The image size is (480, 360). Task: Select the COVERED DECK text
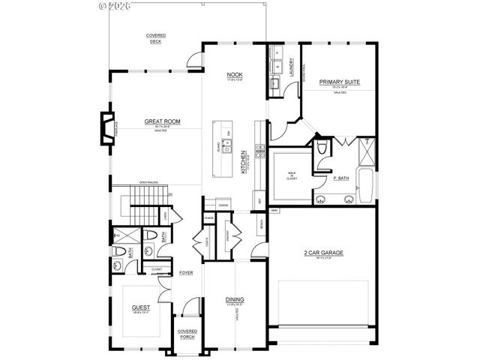pos(156,38)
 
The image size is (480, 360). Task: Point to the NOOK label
pos(234,76)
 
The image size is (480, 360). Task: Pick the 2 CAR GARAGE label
pos(323,253)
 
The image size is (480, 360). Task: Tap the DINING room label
pos(234,299)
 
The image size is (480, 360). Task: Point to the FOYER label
pos(186,272)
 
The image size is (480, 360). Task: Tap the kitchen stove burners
pos(260,150)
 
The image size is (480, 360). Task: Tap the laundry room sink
pos(276,82)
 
